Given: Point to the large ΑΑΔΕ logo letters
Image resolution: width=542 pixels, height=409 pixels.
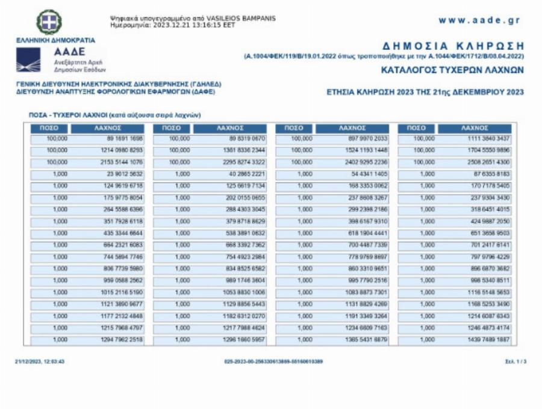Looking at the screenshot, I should point(69,52).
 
